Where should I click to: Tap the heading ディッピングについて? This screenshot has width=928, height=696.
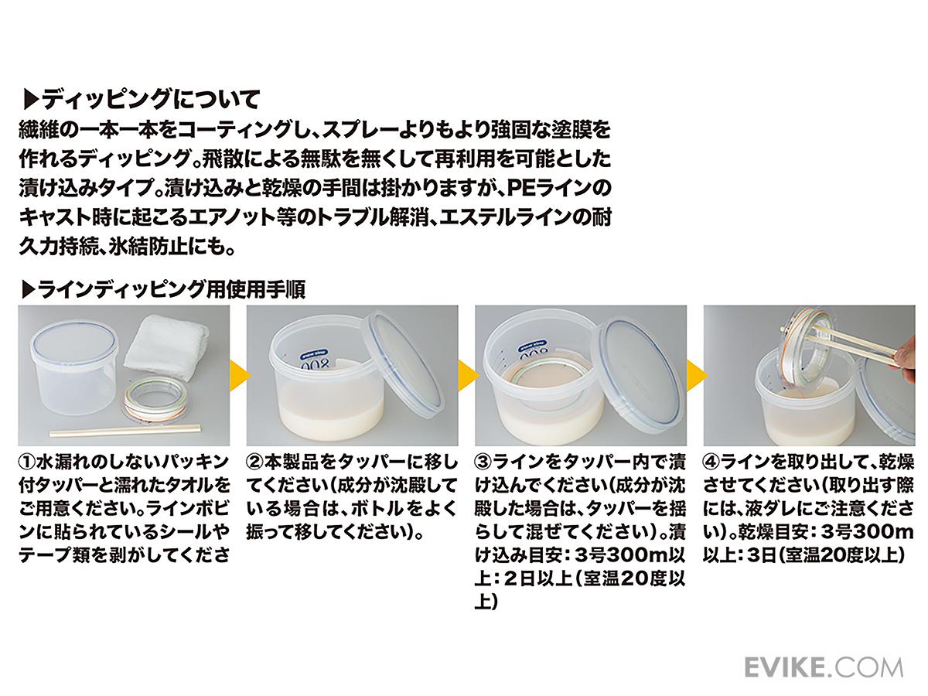(x=142, y=101)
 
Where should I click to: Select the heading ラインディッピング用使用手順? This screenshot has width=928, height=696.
(x=164, y=289)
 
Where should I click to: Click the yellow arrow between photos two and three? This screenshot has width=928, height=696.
(x=469, y=375)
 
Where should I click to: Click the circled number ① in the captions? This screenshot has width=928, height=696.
(x=27, y=462)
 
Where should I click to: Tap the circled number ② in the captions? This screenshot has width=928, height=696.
(x=255, y=462)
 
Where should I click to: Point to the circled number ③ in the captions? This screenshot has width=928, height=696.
(x=483, y=462)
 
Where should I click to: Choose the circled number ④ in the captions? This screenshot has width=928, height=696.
(x=712, y=462)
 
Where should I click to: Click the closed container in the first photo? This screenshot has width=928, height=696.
(x=75, y=371)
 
